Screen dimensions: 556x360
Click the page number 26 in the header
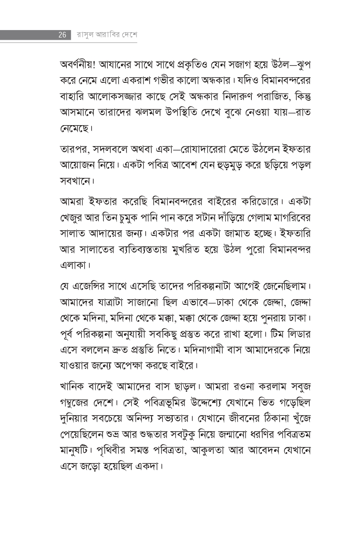[62, 35]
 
